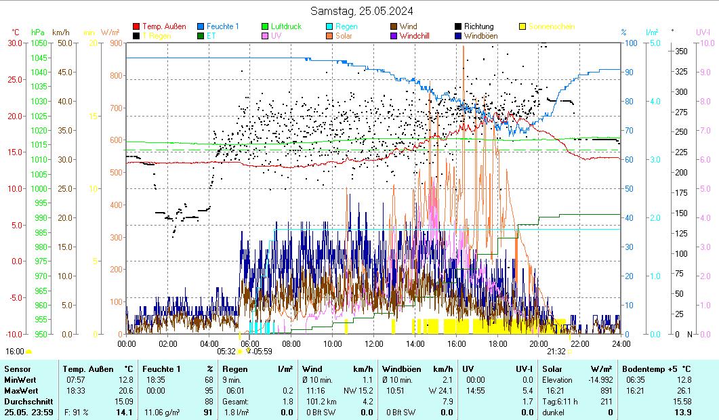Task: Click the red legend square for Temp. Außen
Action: point(136,27)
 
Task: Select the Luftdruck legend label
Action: point(286,26)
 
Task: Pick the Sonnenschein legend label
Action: point(552,26)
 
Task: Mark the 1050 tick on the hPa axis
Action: point(39,43)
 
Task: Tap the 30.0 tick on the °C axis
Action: point(15,43)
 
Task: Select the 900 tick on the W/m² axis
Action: point(115,43)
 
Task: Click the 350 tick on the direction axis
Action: point(682,51)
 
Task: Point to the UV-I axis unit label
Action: point(703,32)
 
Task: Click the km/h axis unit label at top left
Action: point(61,32)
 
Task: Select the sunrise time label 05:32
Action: point(226,351)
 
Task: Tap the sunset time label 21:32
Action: point(556,351)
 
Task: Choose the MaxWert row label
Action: point(22,391)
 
